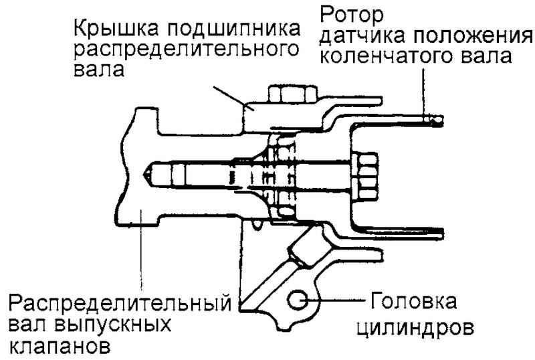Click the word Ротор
[353, 13]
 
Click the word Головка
[411, 303]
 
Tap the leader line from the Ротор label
[422, 90]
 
